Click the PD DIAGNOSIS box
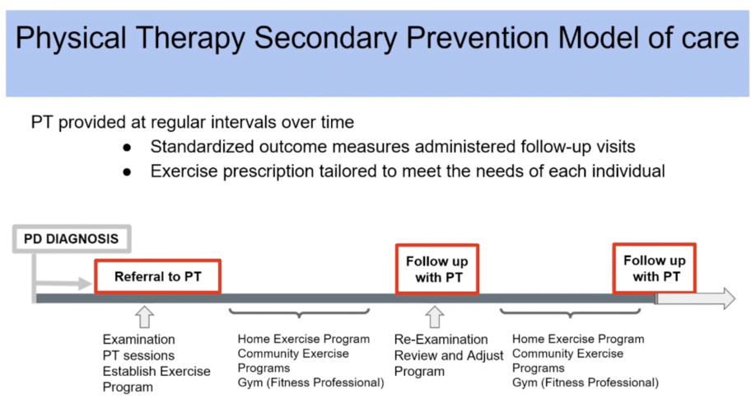70,239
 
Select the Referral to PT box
158,276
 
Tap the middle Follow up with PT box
437,269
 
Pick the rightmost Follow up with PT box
655,268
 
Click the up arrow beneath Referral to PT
145,317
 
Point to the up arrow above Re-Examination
434,317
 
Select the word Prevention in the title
490,39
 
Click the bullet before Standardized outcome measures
127,148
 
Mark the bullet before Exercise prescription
127,172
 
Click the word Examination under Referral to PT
138,339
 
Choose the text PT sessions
138,355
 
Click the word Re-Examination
441,339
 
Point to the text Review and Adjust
449,355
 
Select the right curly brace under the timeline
571,314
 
